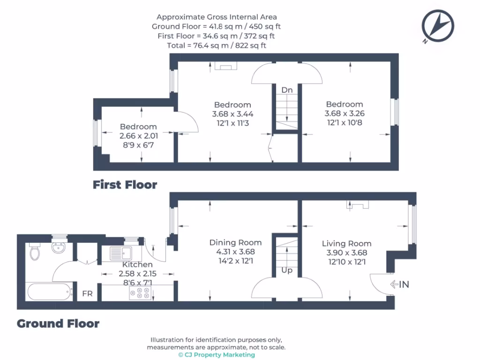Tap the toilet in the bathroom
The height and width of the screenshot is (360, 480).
(35, 252)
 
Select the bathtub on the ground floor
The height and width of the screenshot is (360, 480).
(50, 292)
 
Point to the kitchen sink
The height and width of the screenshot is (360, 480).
(121, 254)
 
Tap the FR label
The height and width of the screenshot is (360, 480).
(87, 294)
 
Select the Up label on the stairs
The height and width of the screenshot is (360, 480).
(287, 271)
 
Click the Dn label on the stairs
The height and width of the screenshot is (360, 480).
(287, 90)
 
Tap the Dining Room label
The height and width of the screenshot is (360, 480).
(235, 242)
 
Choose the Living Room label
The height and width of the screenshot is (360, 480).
(346, 243)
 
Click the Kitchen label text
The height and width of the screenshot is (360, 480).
(137, 265)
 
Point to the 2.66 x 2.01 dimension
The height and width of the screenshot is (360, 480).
(138, 136)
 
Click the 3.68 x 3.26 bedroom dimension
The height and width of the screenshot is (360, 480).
(345, 113)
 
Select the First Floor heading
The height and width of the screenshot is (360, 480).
(125, 185)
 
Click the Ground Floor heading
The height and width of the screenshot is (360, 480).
(58, 323)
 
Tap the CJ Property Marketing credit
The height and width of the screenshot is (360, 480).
(217, 355)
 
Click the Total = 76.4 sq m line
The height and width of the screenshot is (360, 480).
(217, 45)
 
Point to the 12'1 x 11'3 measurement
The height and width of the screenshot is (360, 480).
(232, 123)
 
